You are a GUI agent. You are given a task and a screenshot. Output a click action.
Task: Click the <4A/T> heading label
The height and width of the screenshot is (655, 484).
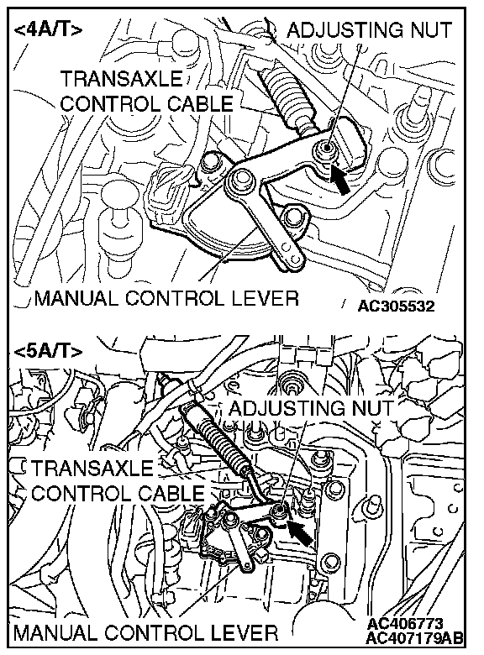point(49,30)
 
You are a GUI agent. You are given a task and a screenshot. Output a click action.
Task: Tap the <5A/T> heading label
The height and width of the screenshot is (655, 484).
point(49,351)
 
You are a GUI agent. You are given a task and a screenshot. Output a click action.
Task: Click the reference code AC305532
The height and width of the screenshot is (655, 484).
point(396,307)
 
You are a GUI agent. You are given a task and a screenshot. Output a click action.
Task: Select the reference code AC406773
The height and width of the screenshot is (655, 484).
point(404,624)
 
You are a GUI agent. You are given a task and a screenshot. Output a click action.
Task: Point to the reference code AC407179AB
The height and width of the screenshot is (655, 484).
point(414,638)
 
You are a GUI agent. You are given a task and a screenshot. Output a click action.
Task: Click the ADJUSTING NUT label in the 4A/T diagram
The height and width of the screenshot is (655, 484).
point(369,30)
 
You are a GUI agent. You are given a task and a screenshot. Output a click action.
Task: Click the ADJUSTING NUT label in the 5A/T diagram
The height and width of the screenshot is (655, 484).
point(311,408)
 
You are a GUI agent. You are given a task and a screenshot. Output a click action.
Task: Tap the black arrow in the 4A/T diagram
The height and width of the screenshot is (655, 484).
point(339,179)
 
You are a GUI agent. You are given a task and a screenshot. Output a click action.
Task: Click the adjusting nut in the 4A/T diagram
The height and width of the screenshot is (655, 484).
point(324,147)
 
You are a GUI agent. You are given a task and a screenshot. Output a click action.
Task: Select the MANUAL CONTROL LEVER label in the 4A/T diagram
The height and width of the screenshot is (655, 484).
point(166,298)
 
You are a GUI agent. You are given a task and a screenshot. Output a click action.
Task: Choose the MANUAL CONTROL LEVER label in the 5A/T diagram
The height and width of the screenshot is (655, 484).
point(146,632)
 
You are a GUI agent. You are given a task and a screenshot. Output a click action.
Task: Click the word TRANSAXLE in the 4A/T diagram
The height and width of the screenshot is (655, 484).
point(122,79)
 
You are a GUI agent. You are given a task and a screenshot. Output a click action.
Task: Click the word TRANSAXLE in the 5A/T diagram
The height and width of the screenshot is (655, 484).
point(92,468)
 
